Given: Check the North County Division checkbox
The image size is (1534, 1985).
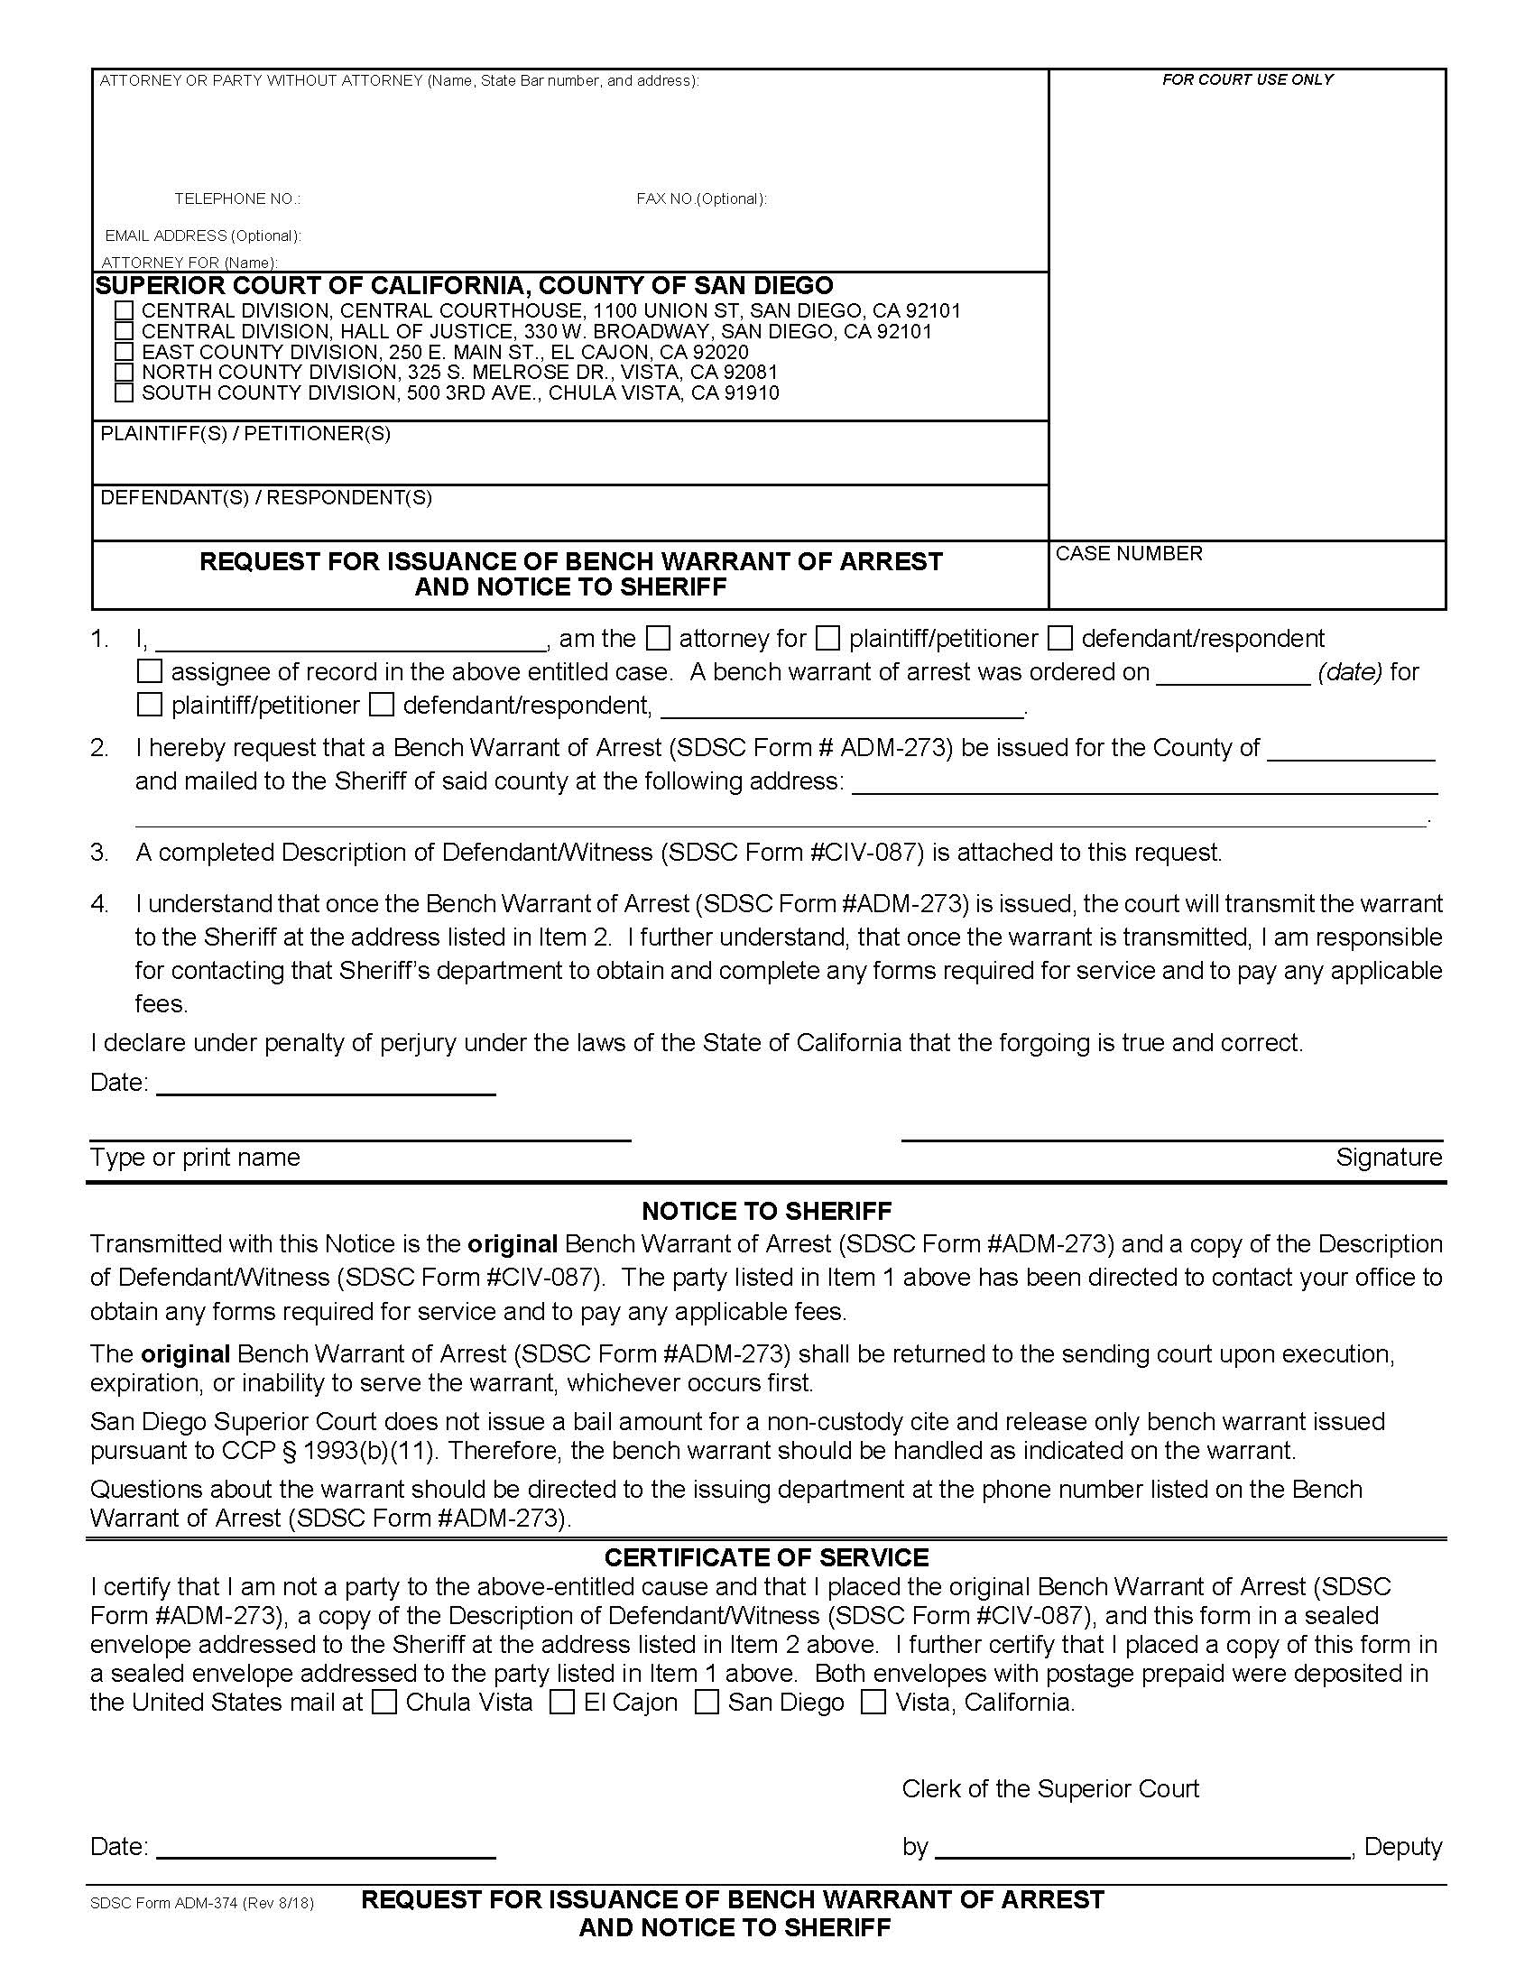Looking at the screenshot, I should [x=125, y=373].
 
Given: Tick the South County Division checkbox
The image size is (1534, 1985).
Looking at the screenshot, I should [x=125, y=393].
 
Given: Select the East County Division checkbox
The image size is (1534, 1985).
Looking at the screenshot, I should [x=125, y=352].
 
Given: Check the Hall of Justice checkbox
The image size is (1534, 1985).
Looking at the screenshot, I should [x=125, y=331].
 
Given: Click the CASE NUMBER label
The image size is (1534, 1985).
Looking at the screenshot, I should [x=1129, y=553].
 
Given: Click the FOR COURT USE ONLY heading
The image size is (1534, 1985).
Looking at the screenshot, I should [x=1247, y=80].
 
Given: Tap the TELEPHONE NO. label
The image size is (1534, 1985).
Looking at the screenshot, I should [x=237, y=199].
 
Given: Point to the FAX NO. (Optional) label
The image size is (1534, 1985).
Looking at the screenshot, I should [x=701, y=199].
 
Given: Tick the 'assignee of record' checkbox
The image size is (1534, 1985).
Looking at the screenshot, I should [x=149, y=672].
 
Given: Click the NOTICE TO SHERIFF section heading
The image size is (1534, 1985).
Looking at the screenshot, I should [x=766, y=1212].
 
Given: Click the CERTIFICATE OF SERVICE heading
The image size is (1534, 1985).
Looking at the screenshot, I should [x=766, y=1558].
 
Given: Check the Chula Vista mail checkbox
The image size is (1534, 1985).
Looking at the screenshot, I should [x=385, y=1703].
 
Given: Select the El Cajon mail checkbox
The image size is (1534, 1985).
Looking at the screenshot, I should [x=563, y=1703].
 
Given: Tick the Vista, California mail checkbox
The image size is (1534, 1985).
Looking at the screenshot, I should [x=873, y=1703].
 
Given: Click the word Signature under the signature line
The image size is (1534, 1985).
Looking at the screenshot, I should [x=1389, y=1158].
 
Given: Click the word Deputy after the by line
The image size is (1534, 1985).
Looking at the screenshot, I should [x=1403, y=1847].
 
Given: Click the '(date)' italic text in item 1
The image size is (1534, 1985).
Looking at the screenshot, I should [x=1350, y=672].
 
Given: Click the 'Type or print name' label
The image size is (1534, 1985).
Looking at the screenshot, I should [x=195, y=1158].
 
